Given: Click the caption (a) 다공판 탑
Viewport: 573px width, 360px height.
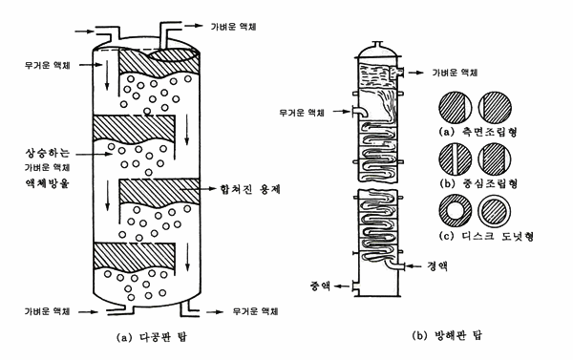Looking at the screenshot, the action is [x=151, y=337].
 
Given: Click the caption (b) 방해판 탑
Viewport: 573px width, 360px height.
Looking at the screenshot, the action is [x=447, y=335].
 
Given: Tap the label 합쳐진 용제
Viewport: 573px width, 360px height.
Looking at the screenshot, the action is [x=250, y=189].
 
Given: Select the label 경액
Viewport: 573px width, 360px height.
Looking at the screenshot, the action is [x=437, y=266].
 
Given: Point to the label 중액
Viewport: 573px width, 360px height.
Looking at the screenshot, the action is [x=321, y=286].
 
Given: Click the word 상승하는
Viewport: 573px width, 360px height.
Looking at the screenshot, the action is [x=47, y=153].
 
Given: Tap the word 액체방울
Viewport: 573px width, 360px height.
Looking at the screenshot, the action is [x=47, y=182].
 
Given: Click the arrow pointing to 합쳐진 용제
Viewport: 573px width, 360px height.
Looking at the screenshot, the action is [x=199, y=189].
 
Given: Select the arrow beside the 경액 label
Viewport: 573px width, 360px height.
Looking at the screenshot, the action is [x=414, y=266].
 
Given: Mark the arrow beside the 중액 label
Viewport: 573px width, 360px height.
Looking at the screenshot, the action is [x=343, y=286].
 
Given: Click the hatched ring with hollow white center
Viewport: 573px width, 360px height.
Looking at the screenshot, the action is [x=455, y=211].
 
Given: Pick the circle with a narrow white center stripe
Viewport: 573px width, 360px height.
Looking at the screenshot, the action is [x=455, y=159].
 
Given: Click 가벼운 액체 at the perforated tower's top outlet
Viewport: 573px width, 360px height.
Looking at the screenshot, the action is [x=234, y=27].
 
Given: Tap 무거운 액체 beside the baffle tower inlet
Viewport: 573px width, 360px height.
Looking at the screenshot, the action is [x=302, y=113].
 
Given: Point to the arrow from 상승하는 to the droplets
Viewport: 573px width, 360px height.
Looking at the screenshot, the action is [x=94, y=155].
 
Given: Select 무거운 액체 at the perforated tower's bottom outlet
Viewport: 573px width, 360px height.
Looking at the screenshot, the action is [x=255, y=311].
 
